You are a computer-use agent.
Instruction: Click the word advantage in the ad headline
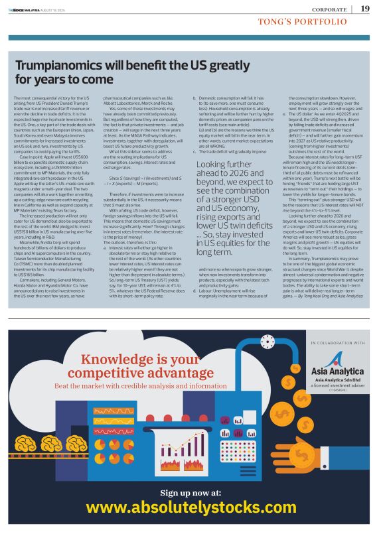coord(159,373)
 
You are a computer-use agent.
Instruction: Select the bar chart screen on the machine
coord(230,421)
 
